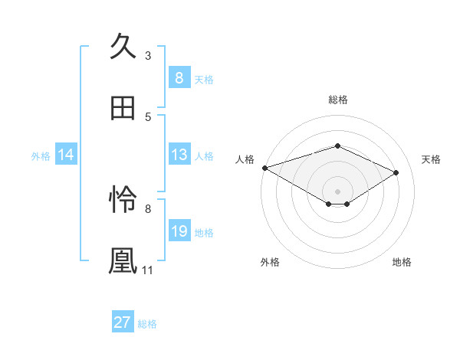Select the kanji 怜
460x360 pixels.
click(x=123, y=201)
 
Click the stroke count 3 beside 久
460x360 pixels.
click(x=148, y=55)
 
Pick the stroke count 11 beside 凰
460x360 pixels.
click(x=148, y=270)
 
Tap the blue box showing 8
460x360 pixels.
click(x=179, y=78)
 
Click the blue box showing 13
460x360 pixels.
click(x=179, y=155)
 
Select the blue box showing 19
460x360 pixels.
click(x=179, y=231)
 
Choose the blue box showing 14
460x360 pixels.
click(x=65, y=155)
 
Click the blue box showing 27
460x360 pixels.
click(x=122, y=322)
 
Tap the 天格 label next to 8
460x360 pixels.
click(x=204, y=79)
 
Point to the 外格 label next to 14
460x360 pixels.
click(x=41, y=156)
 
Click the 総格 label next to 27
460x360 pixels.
click(x=147, y=323)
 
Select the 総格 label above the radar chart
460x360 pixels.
click(x=337, y=100)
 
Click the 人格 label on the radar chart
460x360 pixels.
click(x=245, y=159)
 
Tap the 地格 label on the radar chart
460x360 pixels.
click(x=402, y=262)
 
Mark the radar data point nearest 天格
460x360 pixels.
click(x=396, y=172)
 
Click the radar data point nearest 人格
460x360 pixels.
click(x=264, y=168)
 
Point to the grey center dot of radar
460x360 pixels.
click(x=337, y=191)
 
